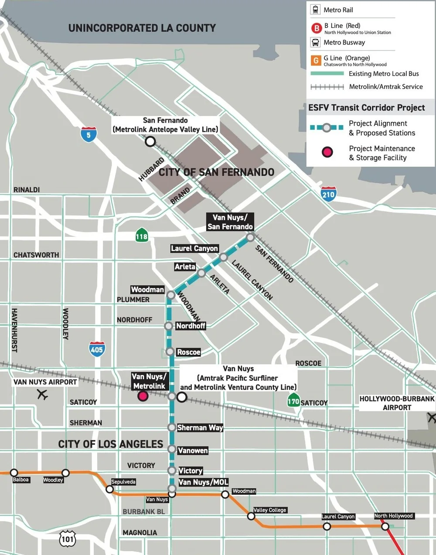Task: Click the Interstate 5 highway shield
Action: coord(89,134)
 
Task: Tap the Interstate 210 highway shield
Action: coord(328,194)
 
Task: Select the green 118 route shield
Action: coord(141,236)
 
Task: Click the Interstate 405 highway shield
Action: coord(97,349)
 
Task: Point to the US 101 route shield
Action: coord(68,539)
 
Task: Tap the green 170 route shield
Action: coord(293,401)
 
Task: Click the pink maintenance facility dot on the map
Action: coord(143,396)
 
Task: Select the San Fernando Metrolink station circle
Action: coord(150,141)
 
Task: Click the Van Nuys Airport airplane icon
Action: coord(42,395)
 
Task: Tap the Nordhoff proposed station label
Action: coord(191,326)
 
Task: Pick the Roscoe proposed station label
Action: coord(188,352)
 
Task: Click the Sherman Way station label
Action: coord(200,428)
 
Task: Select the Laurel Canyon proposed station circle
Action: coord(223,257)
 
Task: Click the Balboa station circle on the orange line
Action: coord(14,473)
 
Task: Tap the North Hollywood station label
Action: coord(393,516)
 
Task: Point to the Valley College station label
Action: coord(270,510)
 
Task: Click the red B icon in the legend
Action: coord(316,28)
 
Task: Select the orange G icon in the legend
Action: coord(316,61)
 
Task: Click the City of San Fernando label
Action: coord(216,172)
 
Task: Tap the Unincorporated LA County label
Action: coord(142,28)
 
